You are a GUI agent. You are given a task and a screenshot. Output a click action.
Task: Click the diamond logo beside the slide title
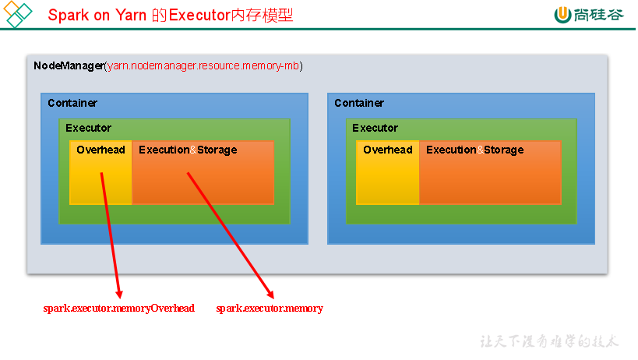click(17, 14)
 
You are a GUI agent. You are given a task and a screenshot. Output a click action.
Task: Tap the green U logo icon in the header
click(562, 15)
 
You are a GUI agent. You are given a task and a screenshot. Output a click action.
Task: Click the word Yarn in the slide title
click(131, 16)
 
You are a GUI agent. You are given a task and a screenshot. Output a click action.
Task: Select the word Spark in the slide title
click(68, 16)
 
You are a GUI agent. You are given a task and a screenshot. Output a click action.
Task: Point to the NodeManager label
click(69, 65)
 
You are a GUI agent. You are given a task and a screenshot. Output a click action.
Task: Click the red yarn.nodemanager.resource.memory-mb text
click(203, 65)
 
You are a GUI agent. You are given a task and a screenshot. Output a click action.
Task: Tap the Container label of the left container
click(72, 103)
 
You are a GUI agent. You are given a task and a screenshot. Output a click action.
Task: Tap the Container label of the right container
click(359, 103)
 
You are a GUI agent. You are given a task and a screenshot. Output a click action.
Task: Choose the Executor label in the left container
click(88, 128)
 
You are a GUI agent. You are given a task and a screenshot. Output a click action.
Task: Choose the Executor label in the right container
click(375, 128)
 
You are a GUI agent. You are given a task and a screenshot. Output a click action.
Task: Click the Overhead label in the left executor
click(101, 150)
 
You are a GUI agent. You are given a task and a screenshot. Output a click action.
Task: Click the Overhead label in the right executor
click(388, 150)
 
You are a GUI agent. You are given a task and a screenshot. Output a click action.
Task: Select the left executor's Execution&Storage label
click(188, 150)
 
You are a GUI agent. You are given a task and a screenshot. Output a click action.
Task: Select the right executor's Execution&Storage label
click(475, 150)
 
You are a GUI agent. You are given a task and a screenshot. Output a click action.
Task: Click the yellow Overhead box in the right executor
click(388, 172)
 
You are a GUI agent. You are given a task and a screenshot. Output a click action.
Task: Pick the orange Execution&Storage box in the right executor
click(490, 172)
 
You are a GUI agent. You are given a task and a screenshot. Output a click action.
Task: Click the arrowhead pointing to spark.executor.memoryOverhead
click(119, 294)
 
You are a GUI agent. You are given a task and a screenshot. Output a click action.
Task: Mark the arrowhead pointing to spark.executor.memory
click(270, 294)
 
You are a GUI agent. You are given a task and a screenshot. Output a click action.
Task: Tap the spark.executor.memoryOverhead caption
click(119, 309)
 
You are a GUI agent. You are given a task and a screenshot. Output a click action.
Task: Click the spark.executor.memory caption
click(270, 309)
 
